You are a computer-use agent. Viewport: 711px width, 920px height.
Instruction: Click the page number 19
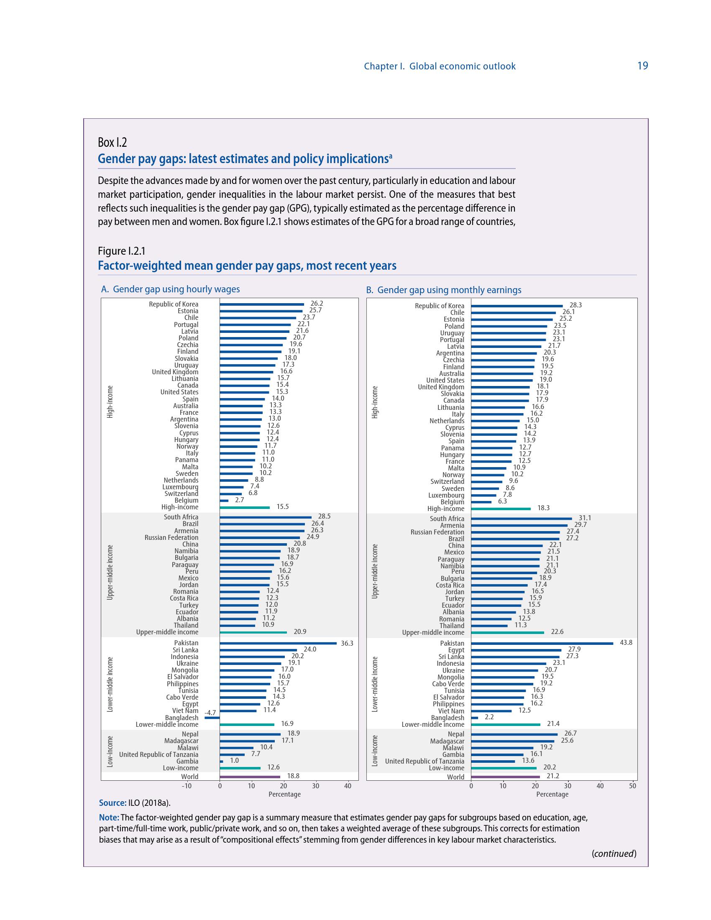(x=642, y=66)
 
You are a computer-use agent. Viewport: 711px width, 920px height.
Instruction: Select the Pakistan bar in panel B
(x=542, y=643)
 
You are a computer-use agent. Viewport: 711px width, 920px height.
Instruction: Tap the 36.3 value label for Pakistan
(x=347, y=643)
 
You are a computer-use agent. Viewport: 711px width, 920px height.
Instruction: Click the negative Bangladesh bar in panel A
(x=212, y=717)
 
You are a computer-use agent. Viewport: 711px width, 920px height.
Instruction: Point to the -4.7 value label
(x=210, y=713)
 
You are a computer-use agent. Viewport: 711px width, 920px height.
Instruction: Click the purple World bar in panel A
(x=250, y=777)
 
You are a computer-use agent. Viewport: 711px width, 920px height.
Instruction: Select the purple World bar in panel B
(x=505, y=777)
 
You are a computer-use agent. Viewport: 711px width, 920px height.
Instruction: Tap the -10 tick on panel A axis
(x=186, y=786)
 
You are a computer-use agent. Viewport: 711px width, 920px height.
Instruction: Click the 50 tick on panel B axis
(x=632, y=786)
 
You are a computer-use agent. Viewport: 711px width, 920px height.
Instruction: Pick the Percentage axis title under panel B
(x=552, y=795)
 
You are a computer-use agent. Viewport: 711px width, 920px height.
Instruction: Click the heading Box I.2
(x=112, y=142)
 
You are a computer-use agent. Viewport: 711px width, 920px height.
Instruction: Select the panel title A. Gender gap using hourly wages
(x=170, y=289)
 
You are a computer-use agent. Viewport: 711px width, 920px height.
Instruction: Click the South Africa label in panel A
(x=181, y=517)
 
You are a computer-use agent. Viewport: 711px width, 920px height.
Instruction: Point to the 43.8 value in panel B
(x=626, y=642)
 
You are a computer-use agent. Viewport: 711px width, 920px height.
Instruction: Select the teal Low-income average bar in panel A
(x=240, y=768)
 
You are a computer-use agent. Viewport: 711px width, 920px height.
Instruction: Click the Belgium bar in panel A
(x=224, y=501)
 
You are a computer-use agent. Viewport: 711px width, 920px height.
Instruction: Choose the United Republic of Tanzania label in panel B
(x=424, y=761)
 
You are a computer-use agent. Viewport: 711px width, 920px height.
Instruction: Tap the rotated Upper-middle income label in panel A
(x=110, y=572)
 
